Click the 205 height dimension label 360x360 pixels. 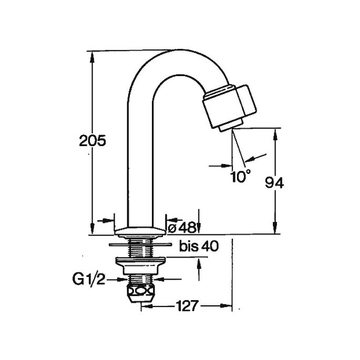[x=92, y=140]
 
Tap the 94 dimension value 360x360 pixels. [x=274, y=183]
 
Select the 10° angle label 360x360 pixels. [x=240, y=177]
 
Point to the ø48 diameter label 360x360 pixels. [x=182, y=228]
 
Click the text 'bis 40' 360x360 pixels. [x=199, y=246]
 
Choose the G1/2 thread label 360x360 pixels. [x=89, y=279]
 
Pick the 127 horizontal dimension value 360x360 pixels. [x=187, y=306]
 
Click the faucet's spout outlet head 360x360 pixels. [x=229, y=106]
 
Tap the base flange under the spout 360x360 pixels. [x=140, y=232]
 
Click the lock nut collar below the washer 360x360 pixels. [x=140, y=266]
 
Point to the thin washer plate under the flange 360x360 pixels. [x=140, y=244]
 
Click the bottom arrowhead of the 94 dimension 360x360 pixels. [x=275, y=228]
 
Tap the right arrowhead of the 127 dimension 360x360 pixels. [x=226, y=306]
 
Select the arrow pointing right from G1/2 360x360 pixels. [x=117, y=280]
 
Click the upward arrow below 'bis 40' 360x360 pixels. [x=199, y=269]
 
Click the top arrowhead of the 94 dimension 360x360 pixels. [x=275, y=134]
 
